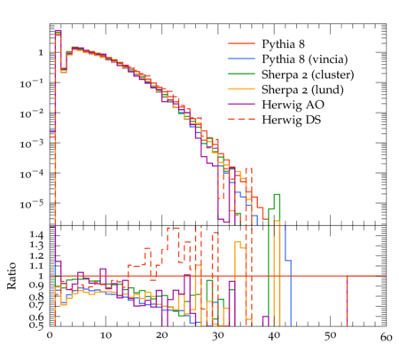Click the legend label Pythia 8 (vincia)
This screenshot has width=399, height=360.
pos(305,59)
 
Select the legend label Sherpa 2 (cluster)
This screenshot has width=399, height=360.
pos(308,74)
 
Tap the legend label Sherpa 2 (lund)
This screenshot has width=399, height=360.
pos(302,90)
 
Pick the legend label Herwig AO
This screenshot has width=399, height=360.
pos(293,105)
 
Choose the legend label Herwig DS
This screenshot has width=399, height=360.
pos(292,120)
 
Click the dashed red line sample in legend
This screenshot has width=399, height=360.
pos(241,119)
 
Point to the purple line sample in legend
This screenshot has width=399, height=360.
pos(241,104)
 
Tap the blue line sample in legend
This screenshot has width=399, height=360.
pos(241,59)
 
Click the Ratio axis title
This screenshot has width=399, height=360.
pos(12,276)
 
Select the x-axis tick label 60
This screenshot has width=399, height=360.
pos(386,337)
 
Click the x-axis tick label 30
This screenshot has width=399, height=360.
pos(218,336)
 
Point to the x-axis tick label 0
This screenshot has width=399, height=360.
pos(50,336)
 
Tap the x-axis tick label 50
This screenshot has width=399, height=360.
pos(330,336)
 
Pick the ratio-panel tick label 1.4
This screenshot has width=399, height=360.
pos(36,235)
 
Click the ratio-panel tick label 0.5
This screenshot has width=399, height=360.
pos(36,325)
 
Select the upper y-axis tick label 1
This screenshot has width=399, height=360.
pos(41,53)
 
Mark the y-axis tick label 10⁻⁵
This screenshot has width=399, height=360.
pos(32,204)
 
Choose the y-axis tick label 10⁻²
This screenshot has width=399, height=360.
pos(32,113)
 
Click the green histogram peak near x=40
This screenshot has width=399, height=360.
pos(277,194)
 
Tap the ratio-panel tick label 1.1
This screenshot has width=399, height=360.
pos(36,266)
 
